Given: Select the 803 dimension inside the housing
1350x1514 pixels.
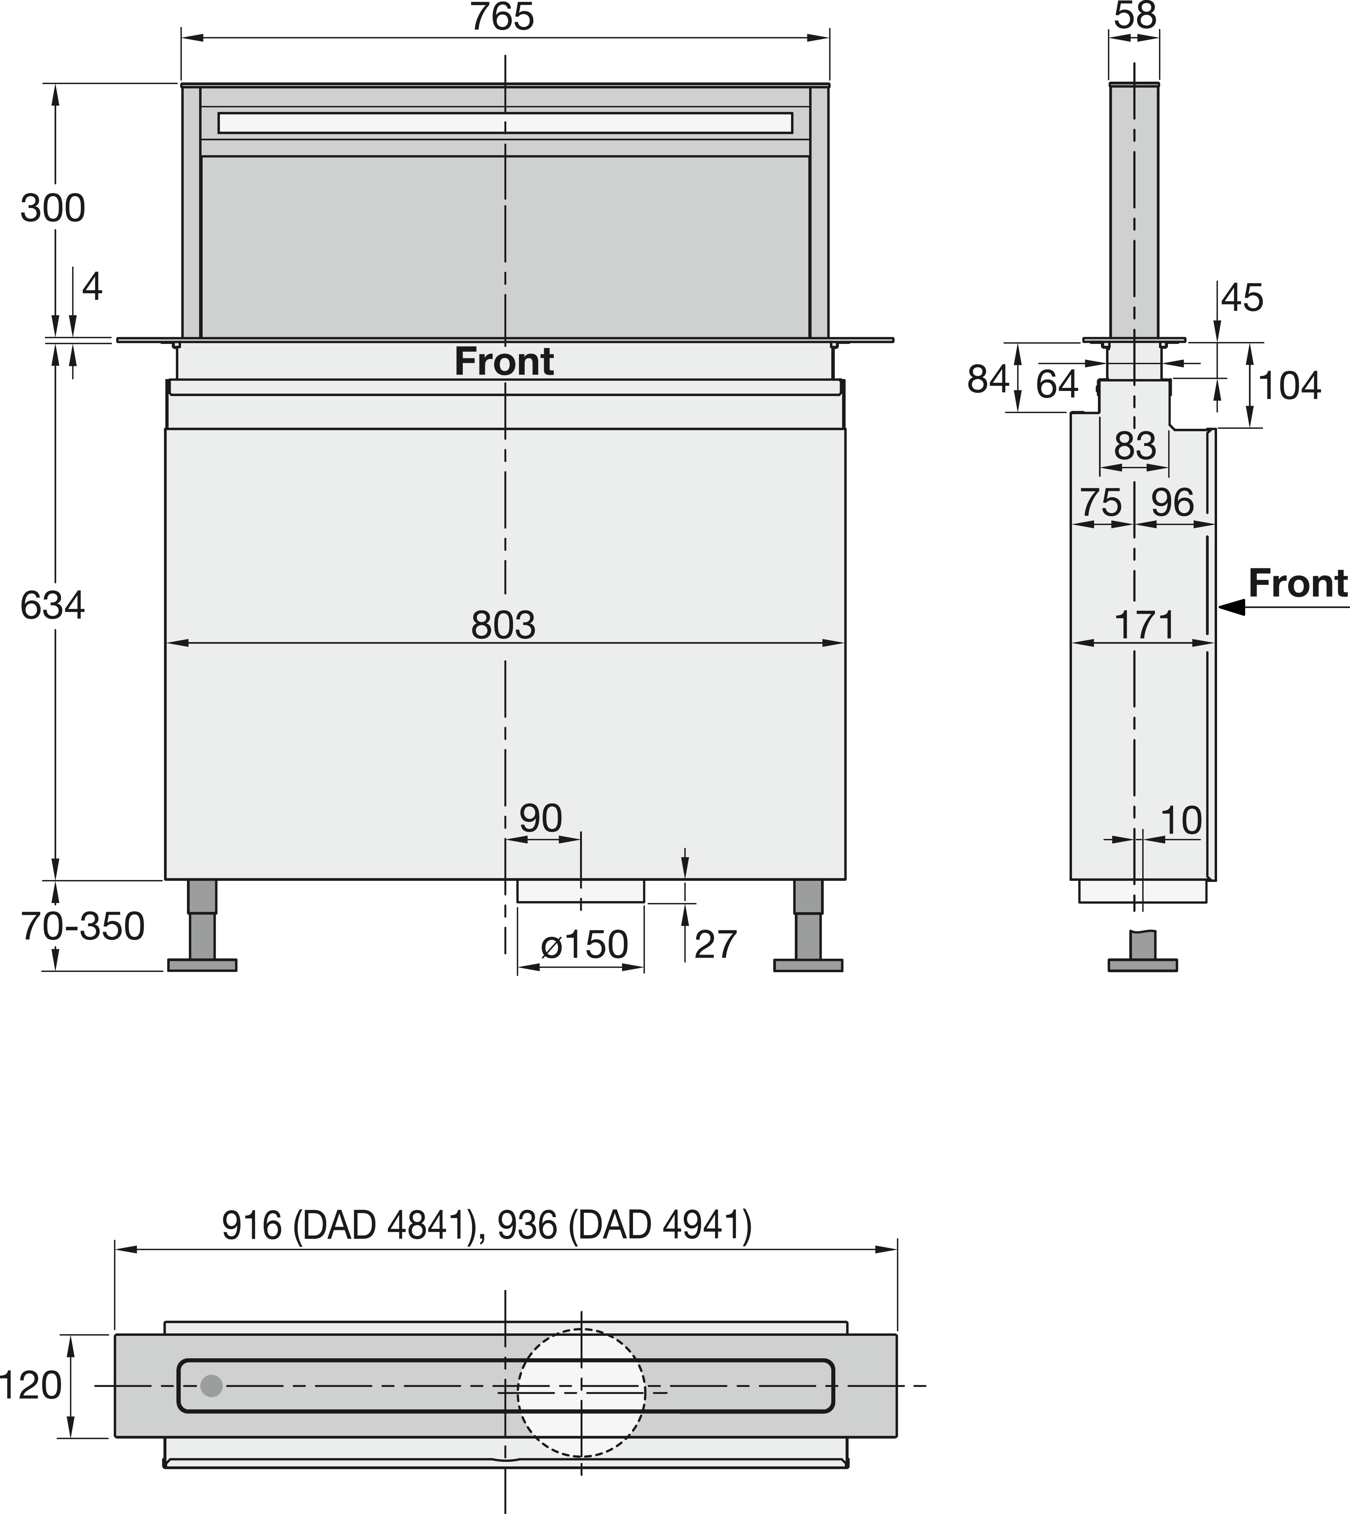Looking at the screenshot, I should pyautogui.click(x=503, y=625).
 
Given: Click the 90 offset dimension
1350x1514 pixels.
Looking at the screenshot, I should pyautogui.click(x=540, y=819).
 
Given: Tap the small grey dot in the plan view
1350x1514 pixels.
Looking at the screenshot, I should pyautogui.click(x=211, y=1386).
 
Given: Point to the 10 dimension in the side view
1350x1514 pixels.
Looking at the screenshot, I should pyautogui.click(x=1180, y=821).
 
